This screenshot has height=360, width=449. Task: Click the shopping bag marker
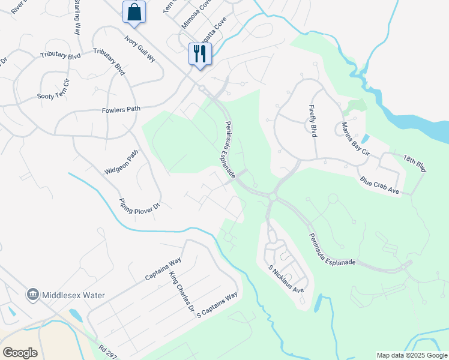tap(134, 11)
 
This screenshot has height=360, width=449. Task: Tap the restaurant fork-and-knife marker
tap(199, 53)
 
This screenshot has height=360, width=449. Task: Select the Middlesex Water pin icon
tap(33, 295)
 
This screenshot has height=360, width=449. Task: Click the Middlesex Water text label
tap(73, 295)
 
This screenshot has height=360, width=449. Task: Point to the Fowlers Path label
tap(120, 109)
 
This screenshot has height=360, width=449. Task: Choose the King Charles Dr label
tap(182, 293)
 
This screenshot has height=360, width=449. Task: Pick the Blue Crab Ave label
tap(379, 185)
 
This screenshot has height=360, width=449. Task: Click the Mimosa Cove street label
tap(197, 14)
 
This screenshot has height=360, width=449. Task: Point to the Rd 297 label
tap(107, 351)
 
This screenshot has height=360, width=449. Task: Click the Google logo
tap(20, 353)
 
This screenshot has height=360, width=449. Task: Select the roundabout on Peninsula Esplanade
tap(273, 197)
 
